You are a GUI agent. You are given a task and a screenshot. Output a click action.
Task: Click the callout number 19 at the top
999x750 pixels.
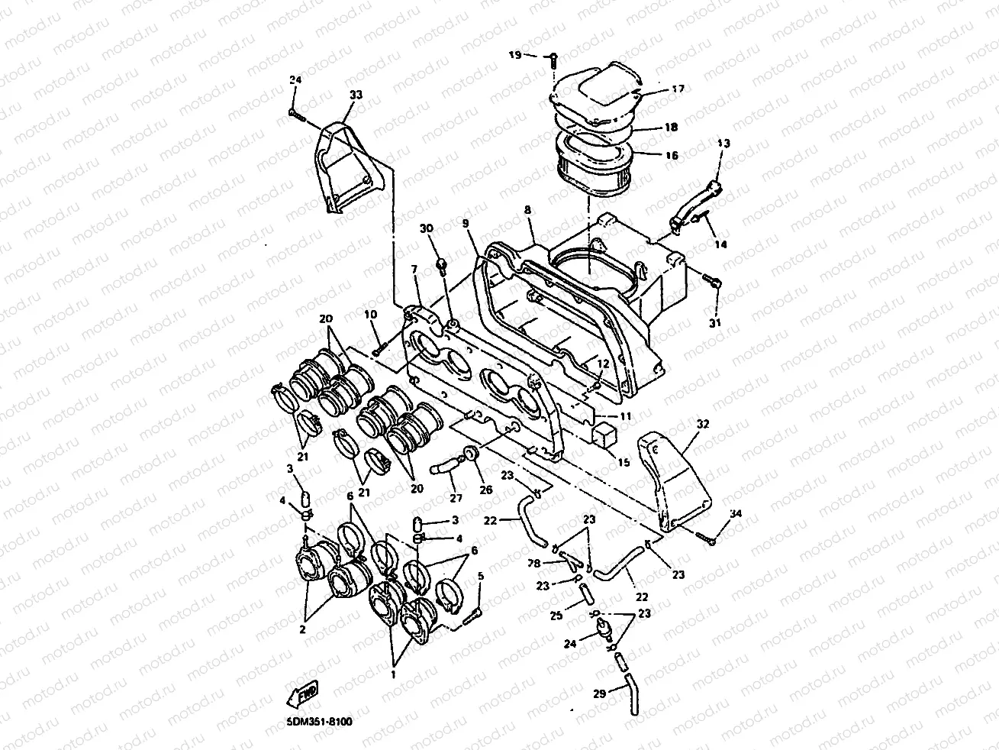tap(514, 55)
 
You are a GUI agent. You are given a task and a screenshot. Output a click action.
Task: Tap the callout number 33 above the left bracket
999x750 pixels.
tap(356, 95)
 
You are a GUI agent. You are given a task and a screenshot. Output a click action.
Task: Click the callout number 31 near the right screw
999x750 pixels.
tap(715, 323)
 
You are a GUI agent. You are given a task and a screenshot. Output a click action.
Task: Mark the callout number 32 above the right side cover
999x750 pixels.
tap(702, 422)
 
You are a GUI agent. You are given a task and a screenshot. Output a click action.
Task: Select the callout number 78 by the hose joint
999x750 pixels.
tap(535, 562)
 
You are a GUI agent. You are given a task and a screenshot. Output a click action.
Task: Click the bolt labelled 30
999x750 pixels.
tap(441, 263)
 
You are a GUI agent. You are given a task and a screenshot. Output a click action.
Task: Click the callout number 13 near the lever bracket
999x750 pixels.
tap(723, 144)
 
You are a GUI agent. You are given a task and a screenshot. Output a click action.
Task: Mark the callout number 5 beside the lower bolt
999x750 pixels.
tap(480, 577)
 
